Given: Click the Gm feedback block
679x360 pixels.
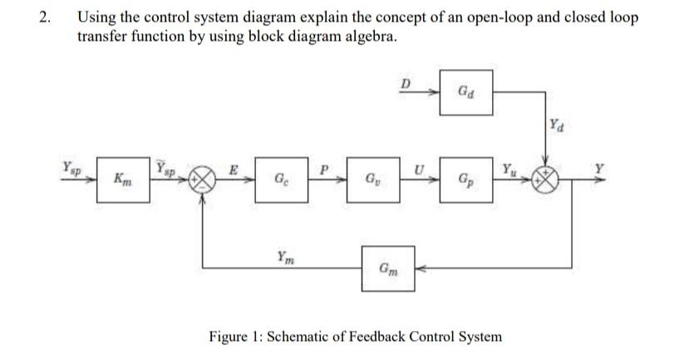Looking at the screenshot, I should [386, 268].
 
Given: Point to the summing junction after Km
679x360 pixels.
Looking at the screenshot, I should [202, 178].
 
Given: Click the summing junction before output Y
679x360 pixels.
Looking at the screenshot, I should [546, 178].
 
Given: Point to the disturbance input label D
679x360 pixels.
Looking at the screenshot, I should [406, 82].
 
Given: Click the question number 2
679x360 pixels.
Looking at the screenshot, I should [44, 18].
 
